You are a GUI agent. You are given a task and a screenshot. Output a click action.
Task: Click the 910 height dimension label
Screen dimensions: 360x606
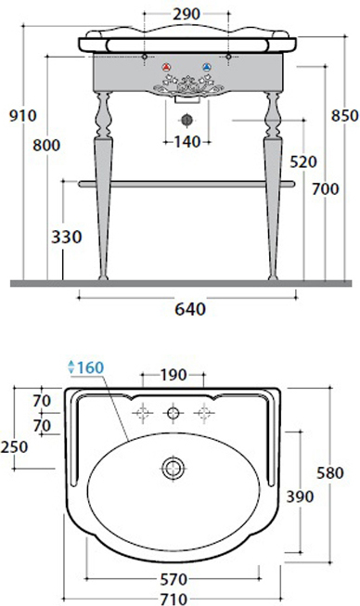pos(23,116)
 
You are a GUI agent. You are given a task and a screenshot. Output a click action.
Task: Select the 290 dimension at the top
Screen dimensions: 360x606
pos(186,14)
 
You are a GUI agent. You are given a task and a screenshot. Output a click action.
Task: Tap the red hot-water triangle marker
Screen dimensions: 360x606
pos(166,67)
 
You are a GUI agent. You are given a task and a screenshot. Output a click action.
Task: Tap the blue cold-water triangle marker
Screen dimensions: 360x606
pos(207,67)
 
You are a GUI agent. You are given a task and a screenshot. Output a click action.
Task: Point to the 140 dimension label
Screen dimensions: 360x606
pos(187,142)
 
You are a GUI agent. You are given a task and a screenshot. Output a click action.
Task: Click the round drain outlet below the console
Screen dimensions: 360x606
pos(186,120)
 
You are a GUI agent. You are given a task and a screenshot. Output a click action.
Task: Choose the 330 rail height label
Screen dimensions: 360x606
pos(67,237)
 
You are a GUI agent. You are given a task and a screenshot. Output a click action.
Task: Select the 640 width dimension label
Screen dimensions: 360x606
pos(190,309)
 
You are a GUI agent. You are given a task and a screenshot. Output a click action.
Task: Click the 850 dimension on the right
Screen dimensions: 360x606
pos(344,116)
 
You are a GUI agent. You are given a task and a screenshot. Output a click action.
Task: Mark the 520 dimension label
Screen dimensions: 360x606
pos(303,161)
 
